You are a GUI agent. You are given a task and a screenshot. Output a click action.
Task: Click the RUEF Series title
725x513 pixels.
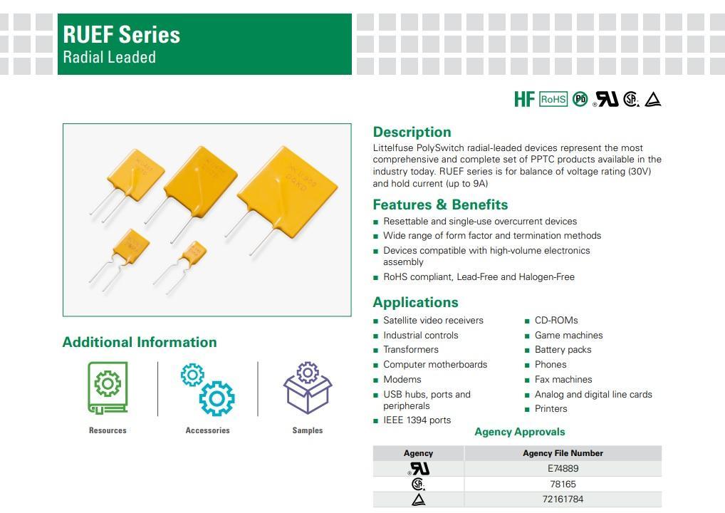(x=121, y=35)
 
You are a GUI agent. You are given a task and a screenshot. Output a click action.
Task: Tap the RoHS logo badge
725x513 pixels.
(x=553, y=99)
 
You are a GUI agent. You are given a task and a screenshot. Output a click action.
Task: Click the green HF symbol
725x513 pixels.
(x=524, y=99)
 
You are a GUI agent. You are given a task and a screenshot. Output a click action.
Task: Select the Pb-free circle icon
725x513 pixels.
(x=580, y=99)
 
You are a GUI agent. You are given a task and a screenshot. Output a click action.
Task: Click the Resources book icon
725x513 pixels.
(x=108, y=388)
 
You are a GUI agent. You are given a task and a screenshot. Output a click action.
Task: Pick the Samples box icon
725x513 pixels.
(x=308, y=388)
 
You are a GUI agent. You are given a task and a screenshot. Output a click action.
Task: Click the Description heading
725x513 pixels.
(x=412, y=132)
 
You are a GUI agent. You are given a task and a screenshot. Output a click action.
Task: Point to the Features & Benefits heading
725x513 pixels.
(x=440, y=204)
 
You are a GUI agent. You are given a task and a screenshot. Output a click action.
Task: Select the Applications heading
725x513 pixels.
(x=416, y=302)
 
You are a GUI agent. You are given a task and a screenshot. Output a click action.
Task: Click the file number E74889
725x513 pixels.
(x=563, y=468)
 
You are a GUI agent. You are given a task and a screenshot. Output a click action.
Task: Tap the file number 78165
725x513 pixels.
(x=563, y=484)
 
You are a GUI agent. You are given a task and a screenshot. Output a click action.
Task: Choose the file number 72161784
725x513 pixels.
(x=563, y=499)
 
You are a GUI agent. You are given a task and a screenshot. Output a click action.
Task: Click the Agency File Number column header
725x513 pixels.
(x=563, y=453)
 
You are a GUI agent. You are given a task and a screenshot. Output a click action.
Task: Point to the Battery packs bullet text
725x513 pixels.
(x=563, y=350)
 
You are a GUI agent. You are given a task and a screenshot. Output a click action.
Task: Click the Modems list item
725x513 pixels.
(x=402, y=379)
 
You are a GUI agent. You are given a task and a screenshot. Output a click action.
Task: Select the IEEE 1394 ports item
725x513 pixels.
(x=417, y=420)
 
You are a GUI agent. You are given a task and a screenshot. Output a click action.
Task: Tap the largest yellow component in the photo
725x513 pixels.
(x=287, y=192)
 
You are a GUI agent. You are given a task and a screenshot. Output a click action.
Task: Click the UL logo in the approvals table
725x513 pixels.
(x=419, y=469)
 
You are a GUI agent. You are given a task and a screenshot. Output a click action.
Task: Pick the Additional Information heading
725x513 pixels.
(x=140, y=342)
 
